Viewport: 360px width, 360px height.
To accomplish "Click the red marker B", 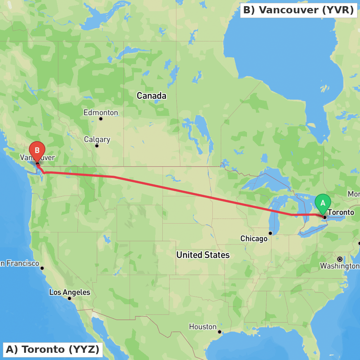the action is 37,151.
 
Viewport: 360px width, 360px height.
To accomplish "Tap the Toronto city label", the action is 341,212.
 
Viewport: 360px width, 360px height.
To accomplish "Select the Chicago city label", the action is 254,239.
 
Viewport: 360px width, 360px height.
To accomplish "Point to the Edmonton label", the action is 101,113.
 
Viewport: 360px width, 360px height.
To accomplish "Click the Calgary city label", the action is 97,139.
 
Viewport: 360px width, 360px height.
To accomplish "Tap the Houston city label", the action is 203,327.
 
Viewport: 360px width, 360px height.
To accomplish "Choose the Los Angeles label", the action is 69,292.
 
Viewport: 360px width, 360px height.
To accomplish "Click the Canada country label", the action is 152,96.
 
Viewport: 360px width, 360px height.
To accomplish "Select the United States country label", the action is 203,255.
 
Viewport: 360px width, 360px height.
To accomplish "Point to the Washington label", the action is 339,266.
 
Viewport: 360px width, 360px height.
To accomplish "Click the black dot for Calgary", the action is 96,146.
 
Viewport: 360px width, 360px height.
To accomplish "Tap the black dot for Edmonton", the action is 101,119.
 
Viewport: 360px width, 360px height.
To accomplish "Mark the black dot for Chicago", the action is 270,233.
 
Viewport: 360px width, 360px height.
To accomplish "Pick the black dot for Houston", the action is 219,332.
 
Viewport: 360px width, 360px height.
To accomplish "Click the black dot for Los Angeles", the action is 69,298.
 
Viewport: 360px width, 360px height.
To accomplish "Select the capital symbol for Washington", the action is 339,259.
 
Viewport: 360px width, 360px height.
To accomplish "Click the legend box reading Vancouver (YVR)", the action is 298,10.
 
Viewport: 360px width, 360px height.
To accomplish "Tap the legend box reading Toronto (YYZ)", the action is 53,349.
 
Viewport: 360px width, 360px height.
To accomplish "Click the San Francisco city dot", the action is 42,268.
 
